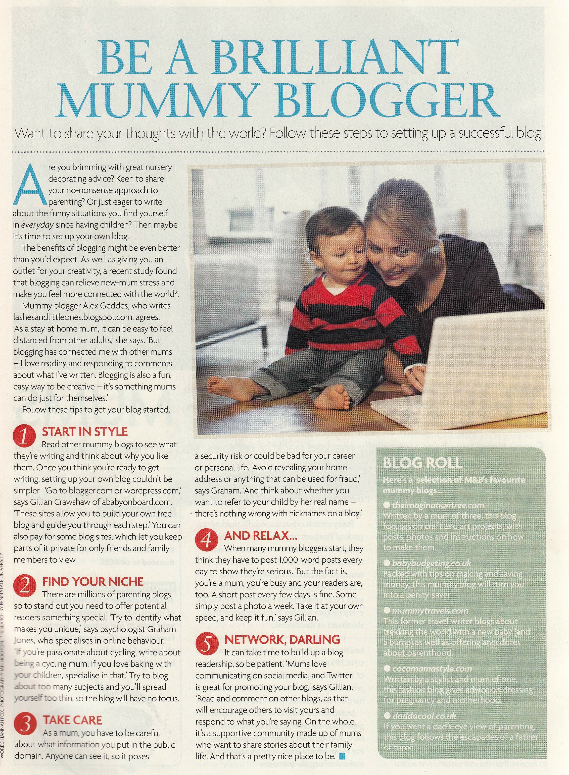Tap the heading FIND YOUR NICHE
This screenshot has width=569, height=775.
coord(92,582)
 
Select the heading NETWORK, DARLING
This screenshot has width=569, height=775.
coord(282,639)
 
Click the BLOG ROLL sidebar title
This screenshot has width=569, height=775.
coord(422,463)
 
